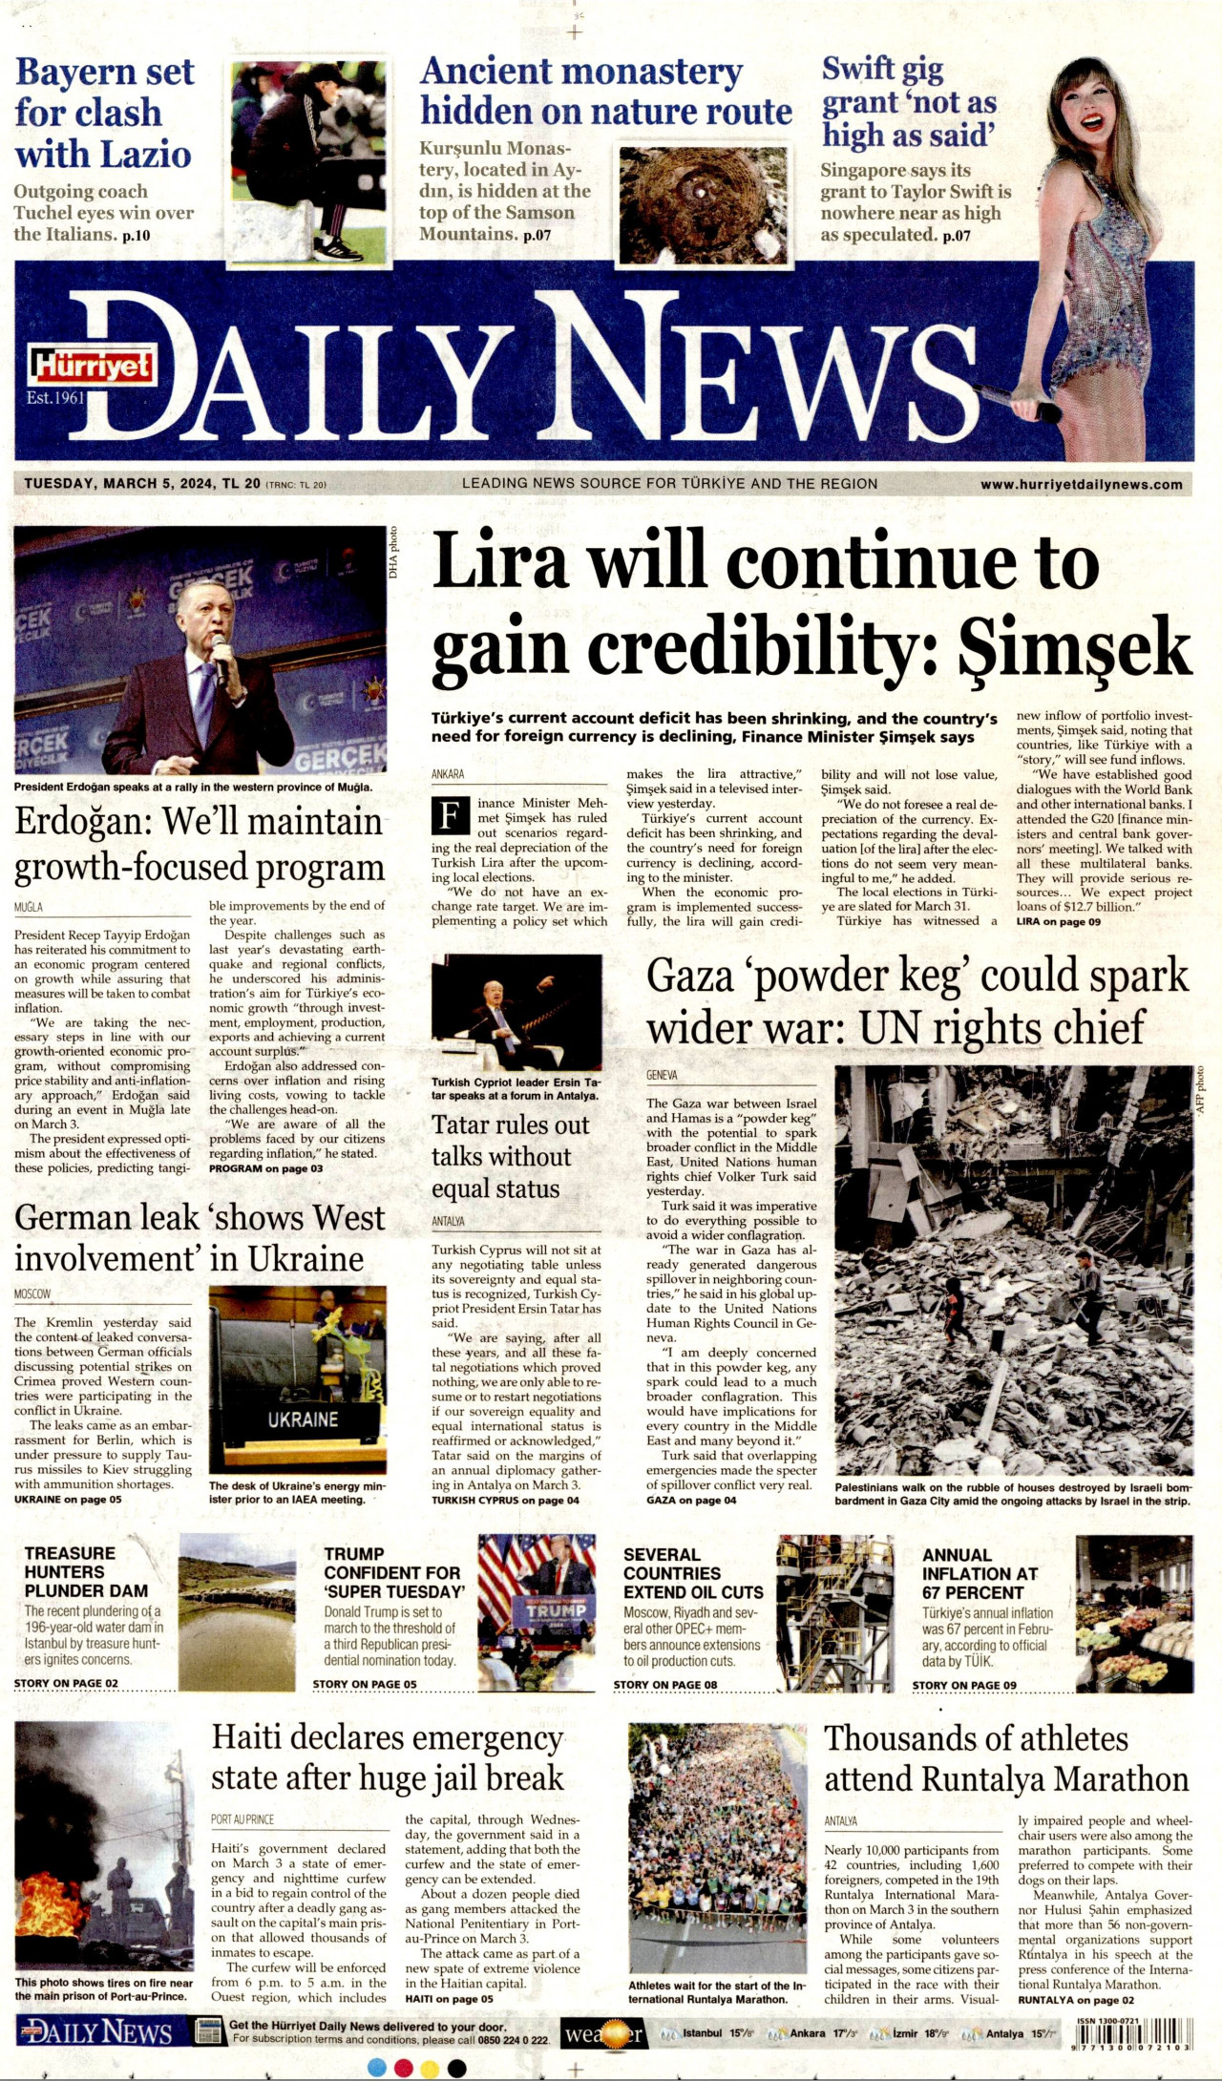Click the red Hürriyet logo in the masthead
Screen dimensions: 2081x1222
[94, 364]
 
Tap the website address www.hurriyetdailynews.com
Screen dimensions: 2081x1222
[1081, 484]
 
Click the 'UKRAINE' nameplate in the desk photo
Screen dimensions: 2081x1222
[302, 1419]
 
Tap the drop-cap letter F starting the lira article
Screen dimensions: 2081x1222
[450, 815]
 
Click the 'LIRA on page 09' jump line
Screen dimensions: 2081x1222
[1058, 921]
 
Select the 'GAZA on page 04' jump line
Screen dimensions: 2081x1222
[690, 1500]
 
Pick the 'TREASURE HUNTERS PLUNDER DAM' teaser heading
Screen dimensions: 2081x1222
[86, 1571]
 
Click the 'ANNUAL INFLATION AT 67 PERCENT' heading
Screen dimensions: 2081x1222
[980, 1573]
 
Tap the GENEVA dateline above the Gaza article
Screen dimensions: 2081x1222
[662, 1075]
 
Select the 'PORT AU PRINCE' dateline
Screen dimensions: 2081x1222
[242, 1819]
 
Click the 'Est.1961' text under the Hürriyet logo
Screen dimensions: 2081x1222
[55, 397]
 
